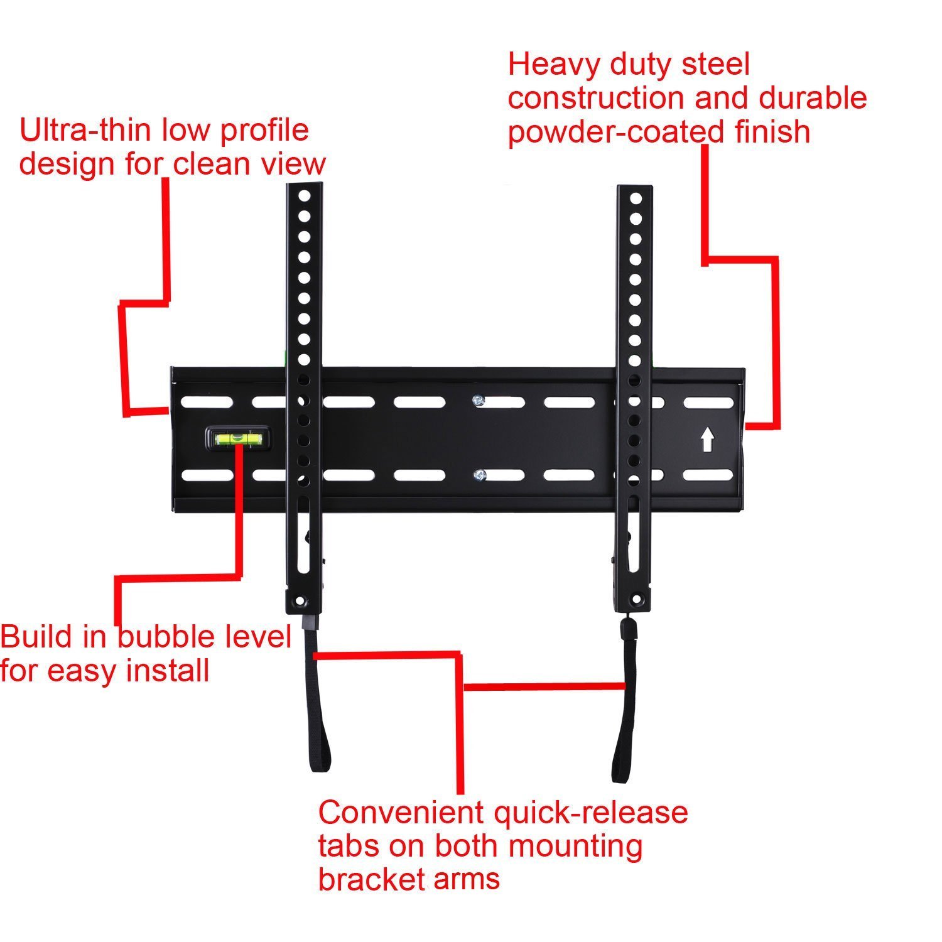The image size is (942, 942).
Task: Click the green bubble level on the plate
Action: click(x=237, y=439)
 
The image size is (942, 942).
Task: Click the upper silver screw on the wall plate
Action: click(x=480, y=400)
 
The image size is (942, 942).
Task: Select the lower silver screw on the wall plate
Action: click(x=480, y=475)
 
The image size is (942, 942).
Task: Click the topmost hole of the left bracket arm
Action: click(x=305, y=197)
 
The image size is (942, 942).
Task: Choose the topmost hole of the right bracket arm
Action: click(x=636, y=199)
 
